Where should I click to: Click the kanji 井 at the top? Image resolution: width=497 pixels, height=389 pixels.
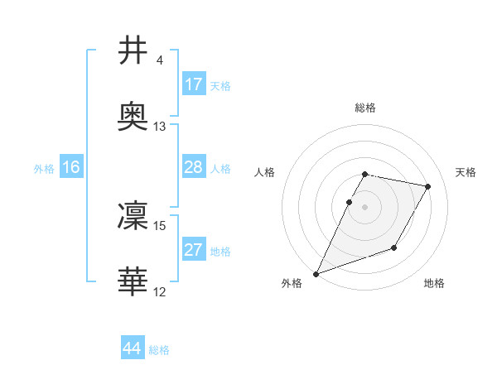coord(133,50)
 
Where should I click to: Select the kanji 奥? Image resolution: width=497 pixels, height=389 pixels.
coord(133,118)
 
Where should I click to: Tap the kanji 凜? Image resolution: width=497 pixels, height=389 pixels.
coord(133,216)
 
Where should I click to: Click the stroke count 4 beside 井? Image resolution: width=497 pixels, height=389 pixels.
coord(159,60)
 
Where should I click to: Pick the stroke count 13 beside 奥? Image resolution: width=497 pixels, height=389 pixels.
coord(160,127)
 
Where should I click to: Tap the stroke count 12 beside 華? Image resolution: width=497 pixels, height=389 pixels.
coord(160,292)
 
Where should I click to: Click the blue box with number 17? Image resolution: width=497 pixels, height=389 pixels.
coord(193,84)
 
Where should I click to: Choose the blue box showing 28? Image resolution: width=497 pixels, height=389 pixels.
coord(193,167)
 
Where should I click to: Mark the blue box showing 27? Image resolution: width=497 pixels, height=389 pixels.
coord(193,250)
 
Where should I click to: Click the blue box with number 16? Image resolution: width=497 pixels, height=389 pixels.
coord(70,167)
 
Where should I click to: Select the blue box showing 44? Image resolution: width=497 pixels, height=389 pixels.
coord(133,348)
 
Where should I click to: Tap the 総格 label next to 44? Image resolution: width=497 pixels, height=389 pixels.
coord(159,350)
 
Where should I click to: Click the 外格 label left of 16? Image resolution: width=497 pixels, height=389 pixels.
coord(44,169)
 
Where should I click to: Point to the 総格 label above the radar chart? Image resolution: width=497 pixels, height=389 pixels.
coord(365,108)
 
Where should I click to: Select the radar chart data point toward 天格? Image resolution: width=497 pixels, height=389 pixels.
coord(428,187)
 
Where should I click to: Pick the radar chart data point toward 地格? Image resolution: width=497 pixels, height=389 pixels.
coord(394,247)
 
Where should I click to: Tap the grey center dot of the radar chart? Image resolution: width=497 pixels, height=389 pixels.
coord(365,206)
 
